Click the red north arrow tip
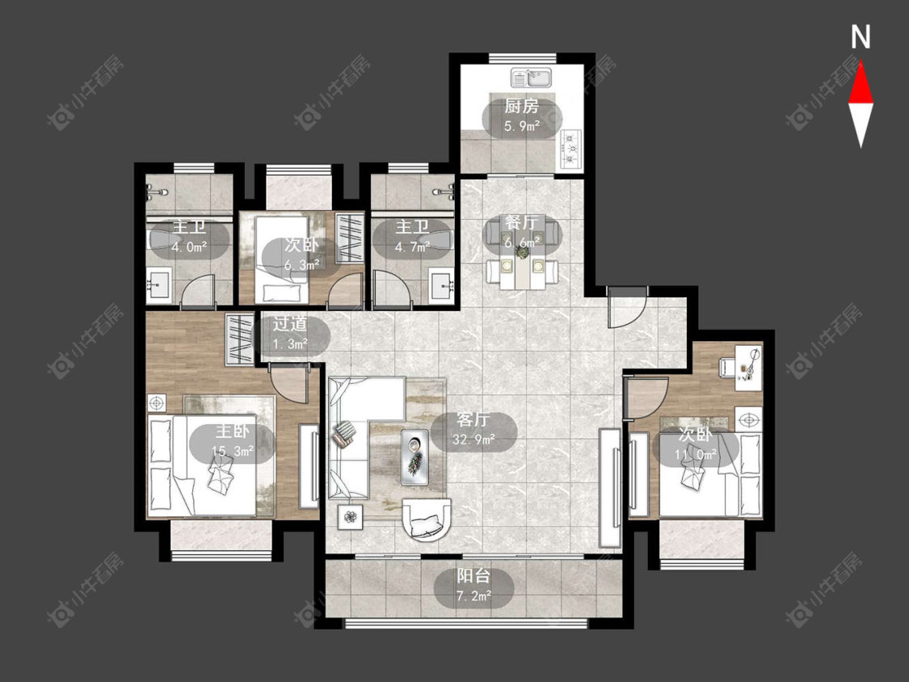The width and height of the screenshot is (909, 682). [x=861, y=61]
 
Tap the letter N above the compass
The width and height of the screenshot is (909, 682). [x=861, y=37]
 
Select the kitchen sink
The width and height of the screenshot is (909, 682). [x=531, y=77]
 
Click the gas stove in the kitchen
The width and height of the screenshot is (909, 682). [x=571, y=149]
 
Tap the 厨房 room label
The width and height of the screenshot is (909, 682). [x=521, y=106]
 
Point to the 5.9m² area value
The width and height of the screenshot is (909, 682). [x=522, y=126]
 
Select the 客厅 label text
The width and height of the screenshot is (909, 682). [x=473, y=420]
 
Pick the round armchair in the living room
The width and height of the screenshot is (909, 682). [x=426, y=519]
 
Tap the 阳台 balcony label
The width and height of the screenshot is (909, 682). [x=473, y=576]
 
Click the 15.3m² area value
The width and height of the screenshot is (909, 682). [x=233, y=451]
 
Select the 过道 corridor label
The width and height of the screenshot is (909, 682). [x=290, y=324]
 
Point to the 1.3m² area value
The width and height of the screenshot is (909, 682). [x=290, y=344]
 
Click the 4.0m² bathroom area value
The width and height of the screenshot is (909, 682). [x=189, y=246]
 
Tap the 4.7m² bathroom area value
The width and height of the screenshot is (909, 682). [x=412, y=246]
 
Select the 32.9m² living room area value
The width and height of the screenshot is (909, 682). [x=473, y=439]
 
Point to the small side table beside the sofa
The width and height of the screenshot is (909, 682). [x=350, y=516]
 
